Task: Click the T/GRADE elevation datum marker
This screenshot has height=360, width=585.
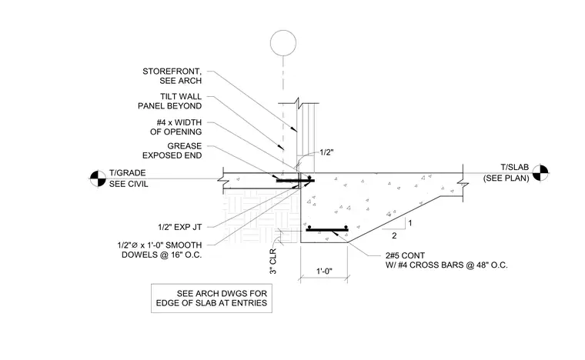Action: click(98, 178)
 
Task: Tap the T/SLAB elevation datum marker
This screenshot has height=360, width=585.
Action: click(540, 173)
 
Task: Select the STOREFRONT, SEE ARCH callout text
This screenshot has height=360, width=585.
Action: click(172, 76)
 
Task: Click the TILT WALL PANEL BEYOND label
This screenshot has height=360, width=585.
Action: click(170, 102)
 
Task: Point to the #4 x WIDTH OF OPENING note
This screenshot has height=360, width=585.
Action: click(175, 127)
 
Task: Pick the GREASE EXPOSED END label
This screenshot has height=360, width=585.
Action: click(172, 151)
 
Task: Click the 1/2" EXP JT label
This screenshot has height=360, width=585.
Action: click(180, 227)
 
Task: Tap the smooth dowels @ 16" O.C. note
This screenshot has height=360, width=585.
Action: click(159, 250)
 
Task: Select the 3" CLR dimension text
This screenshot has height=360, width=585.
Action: click(273, 262)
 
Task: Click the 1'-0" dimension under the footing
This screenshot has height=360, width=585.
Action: click(324, 272)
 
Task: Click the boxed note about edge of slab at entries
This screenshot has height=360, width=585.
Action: click(212, 298)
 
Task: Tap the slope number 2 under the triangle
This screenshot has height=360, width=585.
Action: click(394, 235)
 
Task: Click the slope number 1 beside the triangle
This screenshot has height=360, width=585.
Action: click(410, 223)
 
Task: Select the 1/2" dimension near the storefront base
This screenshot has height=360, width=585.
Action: click(326, 152)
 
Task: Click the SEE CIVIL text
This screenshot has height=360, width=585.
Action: click(129, 184)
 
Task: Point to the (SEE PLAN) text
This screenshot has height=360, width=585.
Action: click(506, 178)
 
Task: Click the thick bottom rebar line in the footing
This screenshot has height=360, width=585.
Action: click(327, 230)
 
